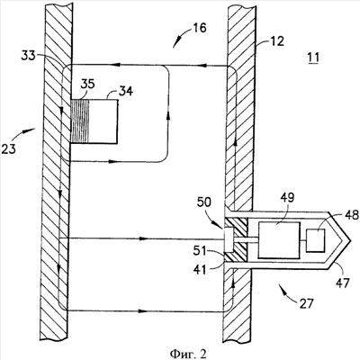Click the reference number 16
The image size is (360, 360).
(200, 28)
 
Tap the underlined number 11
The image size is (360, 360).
(313, 58)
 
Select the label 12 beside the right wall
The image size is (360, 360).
(276, 41)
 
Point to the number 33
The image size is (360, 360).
(28, 56)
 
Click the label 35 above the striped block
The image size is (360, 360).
(87, 84)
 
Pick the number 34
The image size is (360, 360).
(126, 91)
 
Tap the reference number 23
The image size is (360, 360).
(8, 148)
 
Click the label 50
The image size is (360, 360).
(204, 202)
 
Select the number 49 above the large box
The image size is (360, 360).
(287, 198)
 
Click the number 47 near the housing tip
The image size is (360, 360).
(343, 283)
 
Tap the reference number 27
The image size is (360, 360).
(306, 304)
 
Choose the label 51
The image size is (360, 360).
(201, 250)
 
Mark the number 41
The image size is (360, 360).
(200, 269)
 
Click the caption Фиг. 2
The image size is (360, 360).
(188, 354)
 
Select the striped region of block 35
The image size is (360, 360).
(80, 121)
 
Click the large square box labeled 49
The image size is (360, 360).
(279, 240)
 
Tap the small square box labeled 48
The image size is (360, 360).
(315, 240)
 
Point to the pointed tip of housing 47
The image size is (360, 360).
(350, 240)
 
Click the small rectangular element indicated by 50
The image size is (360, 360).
(229, 239)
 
